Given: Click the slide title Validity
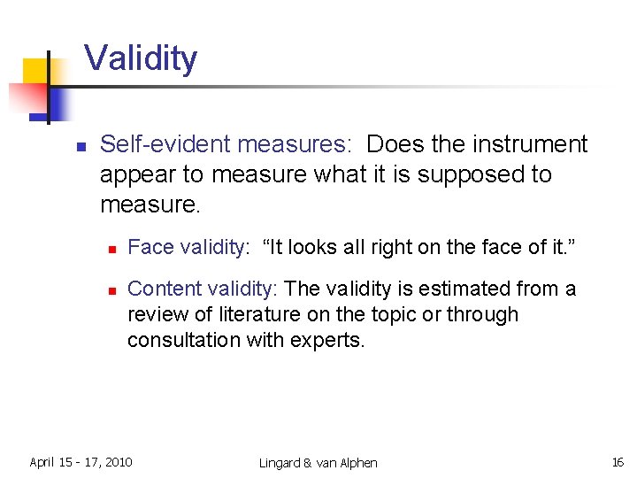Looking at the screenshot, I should click(141, 59).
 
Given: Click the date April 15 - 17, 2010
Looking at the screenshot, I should click(81, 462).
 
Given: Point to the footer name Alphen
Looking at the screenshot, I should click(357, 463).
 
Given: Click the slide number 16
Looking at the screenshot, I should click(618, 462).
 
